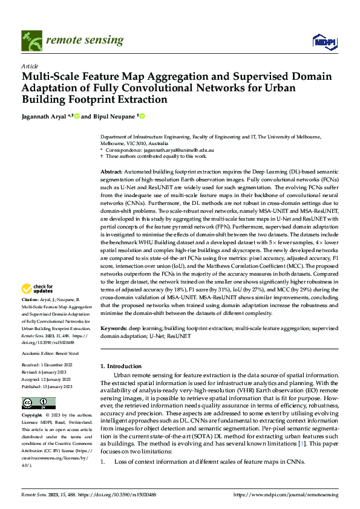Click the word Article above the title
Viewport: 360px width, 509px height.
30,66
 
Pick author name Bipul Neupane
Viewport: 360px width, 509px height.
114,116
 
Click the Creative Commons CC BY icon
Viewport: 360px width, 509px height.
35,403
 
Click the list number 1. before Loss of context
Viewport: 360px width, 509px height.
103,461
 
